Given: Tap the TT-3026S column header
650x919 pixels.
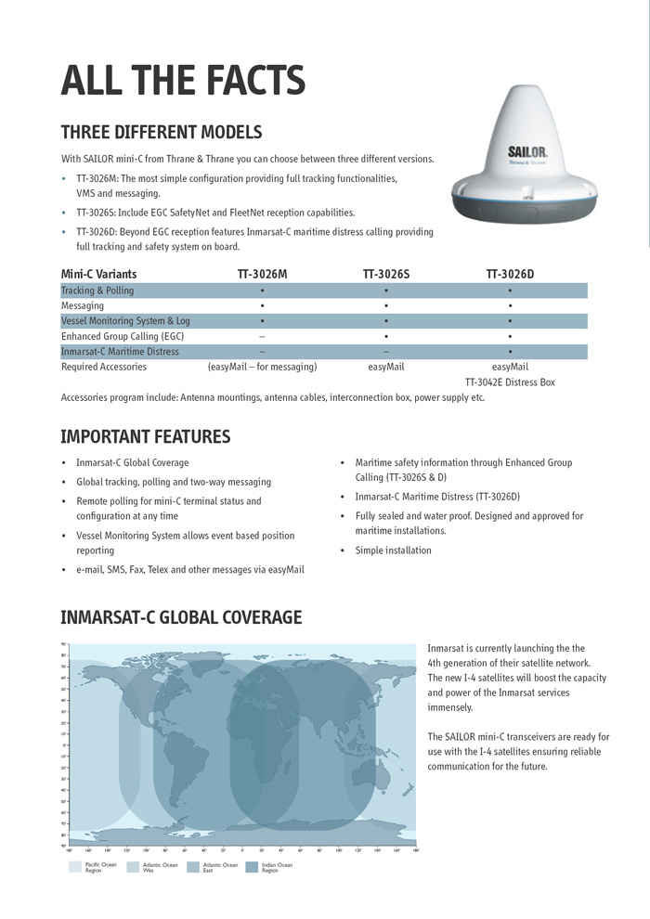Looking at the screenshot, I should click(385, 274).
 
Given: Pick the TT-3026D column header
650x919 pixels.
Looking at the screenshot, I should click(510, 274).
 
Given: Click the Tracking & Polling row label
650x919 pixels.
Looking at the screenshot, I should click(97, 291).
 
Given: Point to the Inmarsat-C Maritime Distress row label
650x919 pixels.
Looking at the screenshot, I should click(120, 352).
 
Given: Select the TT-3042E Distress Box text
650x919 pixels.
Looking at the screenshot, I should click(510, 382).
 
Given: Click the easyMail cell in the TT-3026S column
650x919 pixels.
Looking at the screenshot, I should click(385, 367).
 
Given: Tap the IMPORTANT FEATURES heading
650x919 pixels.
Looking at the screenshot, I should click(145, 436).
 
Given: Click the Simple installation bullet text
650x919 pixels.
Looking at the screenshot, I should click(393, 550).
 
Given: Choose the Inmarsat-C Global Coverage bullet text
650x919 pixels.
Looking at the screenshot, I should click(132, 462).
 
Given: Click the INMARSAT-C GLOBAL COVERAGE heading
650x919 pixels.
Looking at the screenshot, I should click(181, 617).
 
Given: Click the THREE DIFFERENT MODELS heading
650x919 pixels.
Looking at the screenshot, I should click(161, 132).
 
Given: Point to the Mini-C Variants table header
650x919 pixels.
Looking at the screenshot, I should click(98, 274).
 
